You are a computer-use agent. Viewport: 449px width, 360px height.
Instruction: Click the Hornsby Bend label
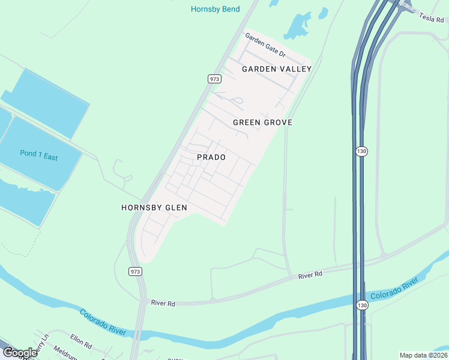point(215,9)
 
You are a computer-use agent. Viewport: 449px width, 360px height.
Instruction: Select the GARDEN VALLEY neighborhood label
point(277,69)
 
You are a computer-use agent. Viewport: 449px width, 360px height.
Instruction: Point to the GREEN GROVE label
point(262,122)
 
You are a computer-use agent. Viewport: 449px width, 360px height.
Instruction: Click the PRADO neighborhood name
point(211,157)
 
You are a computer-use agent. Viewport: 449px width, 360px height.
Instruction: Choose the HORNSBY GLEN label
point(154,208)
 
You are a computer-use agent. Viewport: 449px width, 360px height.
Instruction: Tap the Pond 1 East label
point(38,155)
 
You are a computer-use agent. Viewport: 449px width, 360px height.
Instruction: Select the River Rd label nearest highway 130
point(310,274)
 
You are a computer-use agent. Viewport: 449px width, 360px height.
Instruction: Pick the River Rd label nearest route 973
point(163,304)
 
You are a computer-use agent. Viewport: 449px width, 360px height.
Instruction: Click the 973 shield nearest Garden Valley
point(214,79)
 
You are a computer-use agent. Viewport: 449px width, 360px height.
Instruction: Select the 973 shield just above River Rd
point(135,272)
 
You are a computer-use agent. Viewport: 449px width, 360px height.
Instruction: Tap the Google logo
point(20,352)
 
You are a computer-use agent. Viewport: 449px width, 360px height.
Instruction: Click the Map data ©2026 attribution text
point(423,355)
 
